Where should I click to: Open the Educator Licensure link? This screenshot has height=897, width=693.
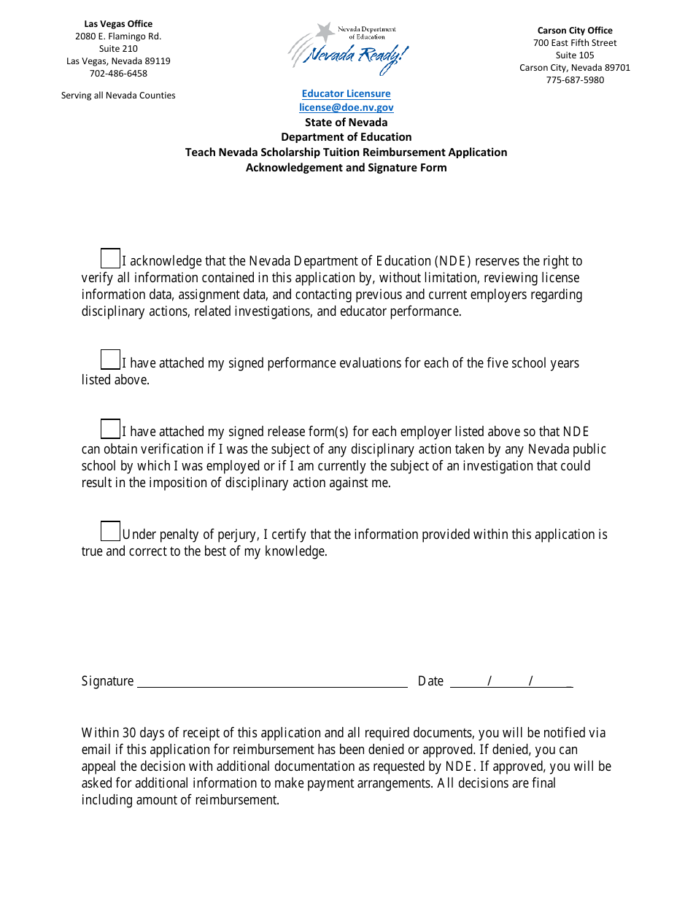coord(346,93)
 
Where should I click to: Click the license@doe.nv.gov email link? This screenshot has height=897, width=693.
coord(346,107)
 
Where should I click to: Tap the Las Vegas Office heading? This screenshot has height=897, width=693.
coord(118,24)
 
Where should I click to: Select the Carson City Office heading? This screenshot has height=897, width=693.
coord(575,31)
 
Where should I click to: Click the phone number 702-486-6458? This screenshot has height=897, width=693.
coord(118,74)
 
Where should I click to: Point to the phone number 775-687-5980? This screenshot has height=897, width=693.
coord(575,80)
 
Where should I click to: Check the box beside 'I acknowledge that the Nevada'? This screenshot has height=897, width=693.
coord(110,258)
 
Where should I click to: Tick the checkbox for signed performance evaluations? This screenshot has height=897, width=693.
coord(110,360)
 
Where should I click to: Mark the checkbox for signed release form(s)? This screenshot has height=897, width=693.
coord(110,429)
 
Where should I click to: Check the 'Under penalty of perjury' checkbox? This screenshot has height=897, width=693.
coord(110,531)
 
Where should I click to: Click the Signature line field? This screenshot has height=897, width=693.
coord(272,681)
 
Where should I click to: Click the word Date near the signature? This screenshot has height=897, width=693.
coord(430,681)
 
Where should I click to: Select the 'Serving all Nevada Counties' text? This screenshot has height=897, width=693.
coord(118,96)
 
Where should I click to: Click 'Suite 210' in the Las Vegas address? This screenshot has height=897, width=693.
coord(118,49)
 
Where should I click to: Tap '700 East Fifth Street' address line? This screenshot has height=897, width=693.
coord(575,43)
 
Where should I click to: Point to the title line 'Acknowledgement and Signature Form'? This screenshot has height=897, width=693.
coord(346,168)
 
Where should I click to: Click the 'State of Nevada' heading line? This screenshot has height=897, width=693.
coord(346,123)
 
